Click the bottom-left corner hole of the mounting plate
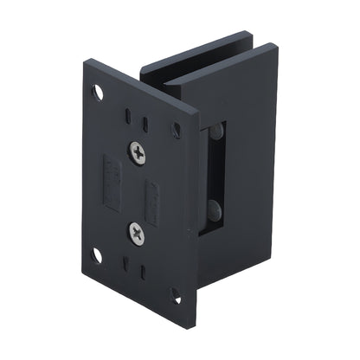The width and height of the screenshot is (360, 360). [97, 255]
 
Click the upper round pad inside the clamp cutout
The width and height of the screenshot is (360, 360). [215, 132]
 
